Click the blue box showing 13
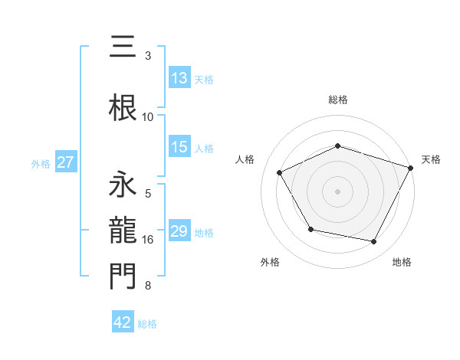click(179, 78)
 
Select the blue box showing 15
click(179, 147)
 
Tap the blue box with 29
click(179, 231)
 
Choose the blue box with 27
click(66, 162)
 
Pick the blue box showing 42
click(123, 322)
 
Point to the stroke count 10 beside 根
click(148, 117)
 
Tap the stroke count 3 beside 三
click(148, 56)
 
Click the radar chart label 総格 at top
click(338, 100)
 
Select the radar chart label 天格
click(431, 159)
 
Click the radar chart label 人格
click(245, 159)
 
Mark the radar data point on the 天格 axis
click(411, 167)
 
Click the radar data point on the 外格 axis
click(310, 229)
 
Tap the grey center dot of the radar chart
click(338, 191)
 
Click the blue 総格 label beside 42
click(147, 323)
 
